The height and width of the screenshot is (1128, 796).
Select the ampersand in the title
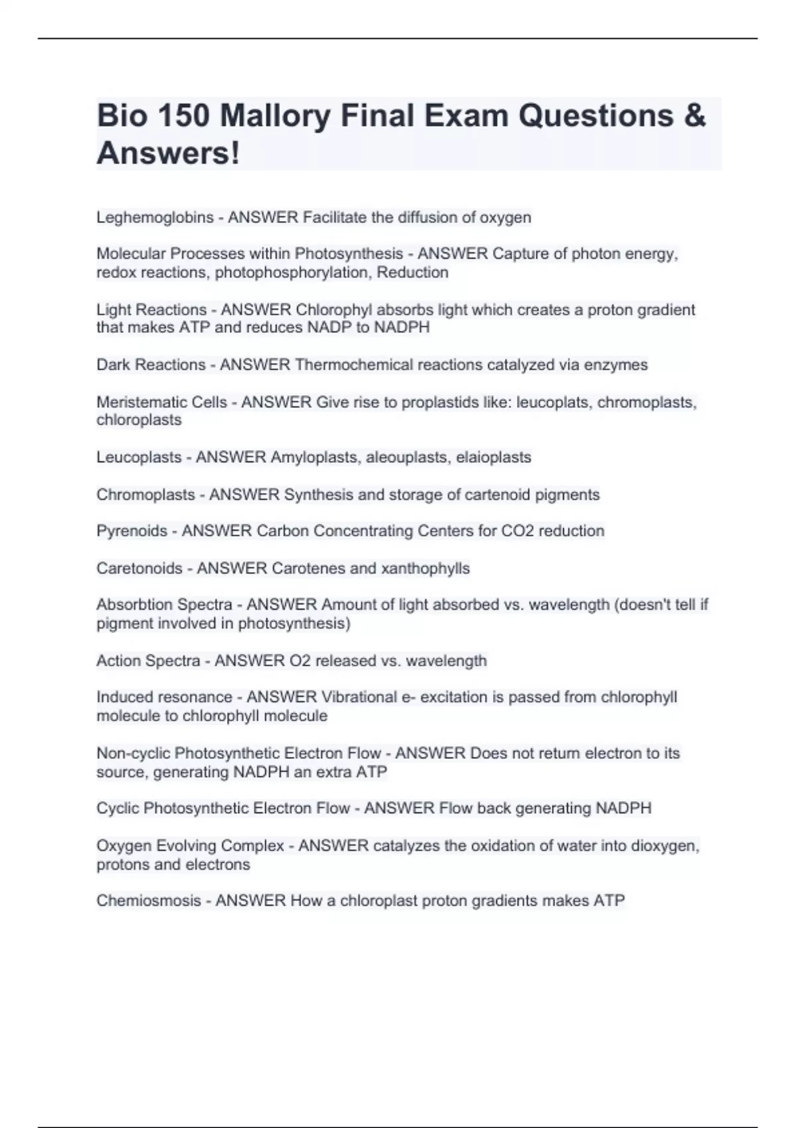tap(694, 116)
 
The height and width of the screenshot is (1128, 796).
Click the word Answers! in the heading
tap(168, 153)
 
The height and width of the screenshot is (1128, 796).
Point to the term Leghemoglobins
tap(155, 218)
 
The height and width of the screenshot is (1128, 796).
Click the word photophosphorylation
tap(293, 273)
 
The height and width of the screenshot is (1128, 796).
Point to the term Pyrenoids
tap(131, 531)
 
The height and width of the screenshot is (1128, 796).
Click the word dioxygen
tap(664, 846)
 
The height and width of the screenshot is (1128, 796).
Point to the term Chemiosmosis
tap(148, 901)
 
